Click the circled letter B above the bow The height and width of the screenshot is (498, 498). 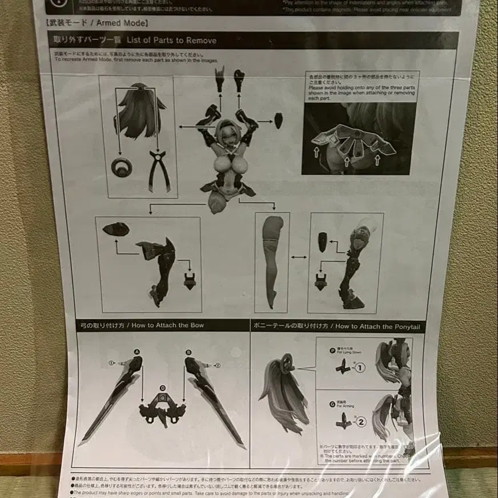pyautogui.click(x=188, y=352)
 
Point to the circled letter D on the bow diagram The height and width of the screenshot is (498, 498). pyautogui.click(x=163, y=388)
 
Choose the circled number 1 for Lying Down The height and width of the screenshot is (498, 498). pyautogui.click(x=360, y=368)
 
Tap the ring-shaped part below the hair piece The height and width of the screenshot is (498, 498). pyautogui.click(x=122, y=167)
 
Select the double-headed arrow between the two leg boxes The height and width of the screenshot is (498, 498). pyautogui.click(x=299, y=258)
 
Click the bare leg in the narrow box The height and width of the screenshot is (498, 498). pyautogui.click(x=272, y=257)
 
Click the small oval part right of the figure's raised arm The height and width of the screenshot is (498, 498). pyautogui.click(x=278, y=121)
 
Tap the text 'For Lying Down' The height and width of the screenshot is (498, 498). pyautogui.click(x=349, y=352)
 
